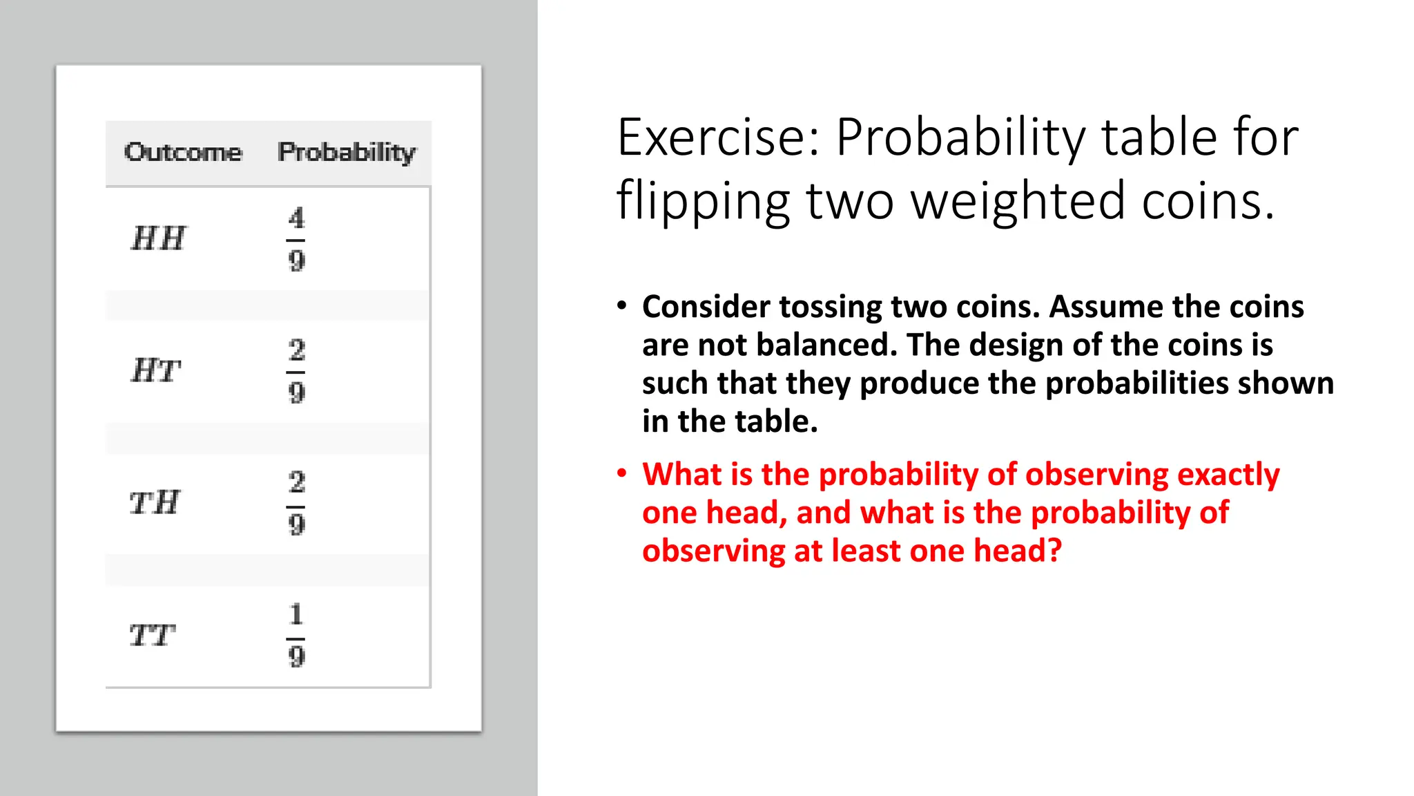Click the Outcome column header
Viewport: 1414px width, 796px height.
click(183, 152)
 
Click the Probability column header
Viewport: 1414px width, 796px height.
click(347, 152)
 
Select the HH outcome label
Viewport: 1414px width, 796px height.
click(158, 238)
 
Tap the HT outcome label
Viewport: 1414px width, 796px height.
click(156, 370)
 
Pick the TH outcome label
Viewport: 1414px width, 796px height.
click(155, 502)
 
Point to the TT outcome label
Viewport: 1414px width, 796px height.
click(153, 635)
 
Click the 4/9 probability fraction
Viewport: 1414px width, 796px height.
click(296, 239)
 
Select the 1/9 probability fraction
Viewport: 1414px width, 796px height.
click(296, 635)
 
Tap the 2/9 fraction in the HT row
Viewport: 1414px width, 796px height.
click(296, 371)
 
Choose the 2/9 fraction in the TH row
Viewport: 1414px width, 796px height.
click(296, 502)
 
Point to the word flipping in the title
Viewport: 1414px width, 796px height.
click(703, 202)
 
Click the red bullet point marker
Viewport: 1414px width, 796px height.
click(622, 474)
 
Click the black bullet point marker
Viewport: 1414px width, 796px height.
click(622, 306)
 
